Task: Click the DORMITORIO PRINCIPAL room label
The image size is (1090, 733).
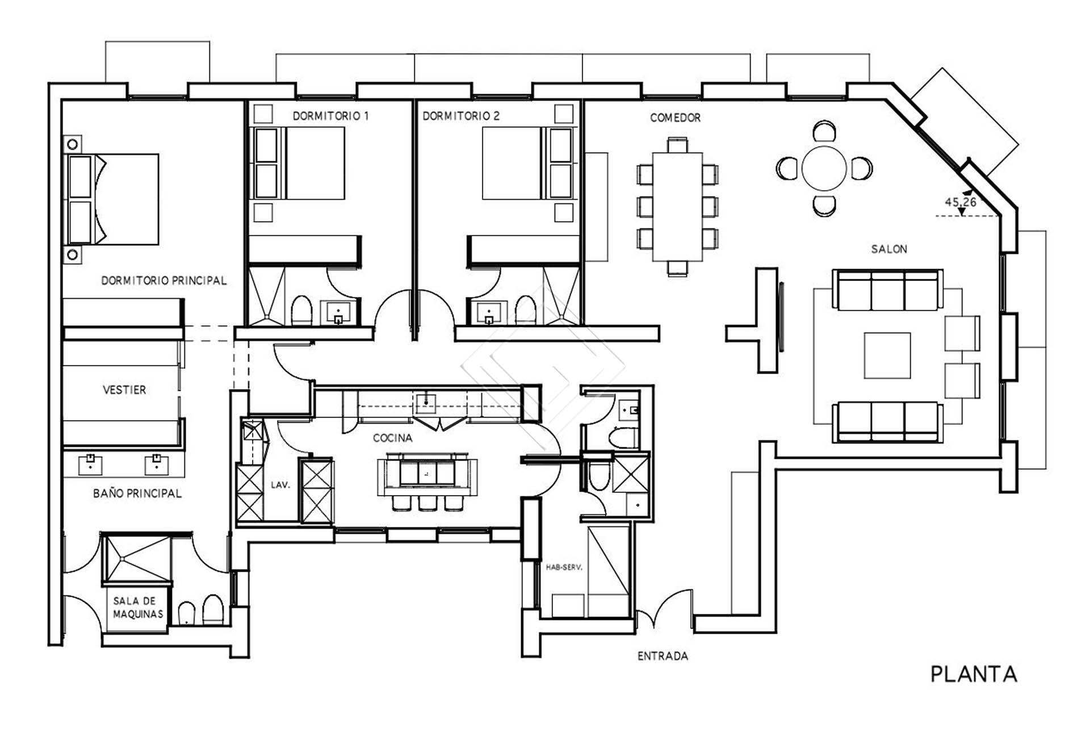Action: click(163, 280)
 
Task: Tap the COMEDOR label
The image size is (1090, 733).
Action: click(675, 118)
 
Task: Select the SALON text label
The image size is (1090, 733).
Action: click(889, 249)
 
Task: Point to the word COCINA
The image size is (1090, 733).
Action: click(392, 438)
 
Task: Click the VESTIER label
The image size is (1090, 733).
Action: click(124, 389)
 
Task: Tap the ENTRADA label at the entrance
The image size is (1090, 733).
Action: click(663, 656)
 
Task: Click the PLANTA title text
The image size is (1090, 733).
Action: click(973, 674)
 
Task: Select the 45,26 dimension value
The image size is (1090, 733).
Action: click(960, 202)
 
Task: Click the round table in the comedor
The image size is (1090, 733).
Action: click(824, 169)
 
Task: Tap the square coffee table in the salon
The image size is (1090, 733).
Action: click(887, 355)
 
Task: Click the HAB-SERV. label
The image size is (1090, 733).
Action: click(564, 567)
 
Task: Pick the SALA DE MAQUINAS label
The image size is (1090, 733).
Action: click(137, 608)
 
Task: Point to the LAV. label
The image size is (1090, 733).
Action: click(280, 485)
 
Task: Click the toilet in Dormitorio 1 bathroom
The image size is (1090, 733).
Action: click(301, 310)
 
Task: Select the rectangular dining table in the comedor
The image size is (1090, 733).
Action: click(677, 207)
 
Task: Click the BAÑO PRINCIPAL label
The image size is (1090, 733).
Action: click(137, 493)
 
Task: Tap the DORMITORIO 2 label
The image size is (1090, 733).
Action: click(461, 116)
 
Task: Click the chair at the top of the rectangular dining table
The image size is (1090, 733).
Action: click(677, 144)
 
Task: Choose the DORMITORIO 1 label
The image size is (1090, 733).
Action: click(330, 116)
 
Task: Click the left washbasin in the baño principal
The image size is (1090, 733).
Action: click(90, 464)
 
